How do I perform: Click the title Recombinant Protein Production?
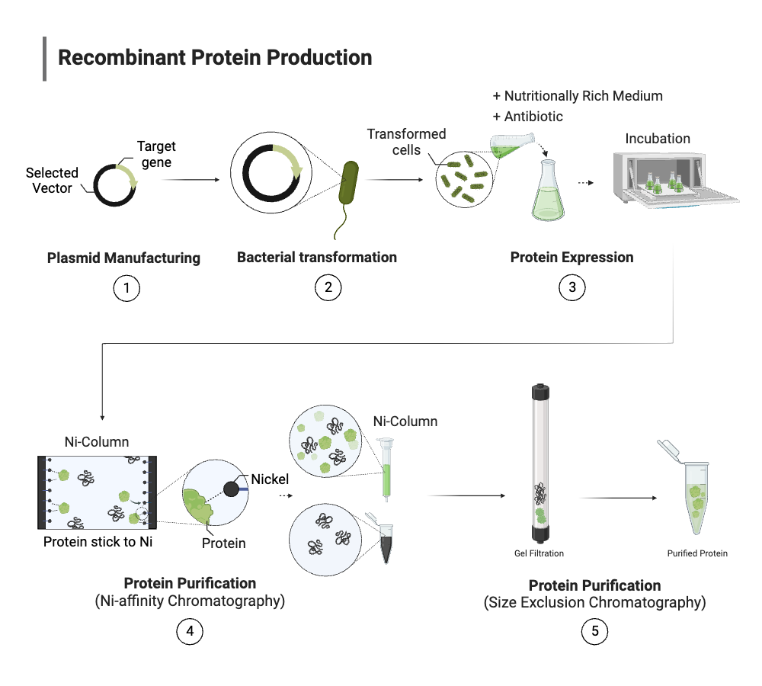215,58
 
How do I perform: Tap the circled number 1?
126,287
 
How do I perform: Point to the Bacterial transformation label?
316,257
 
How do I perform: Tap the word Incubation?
658,139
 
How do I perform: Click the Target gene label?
156,154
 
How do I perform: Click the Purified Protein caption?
697,553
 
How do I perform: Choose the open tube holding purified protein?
693,492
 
